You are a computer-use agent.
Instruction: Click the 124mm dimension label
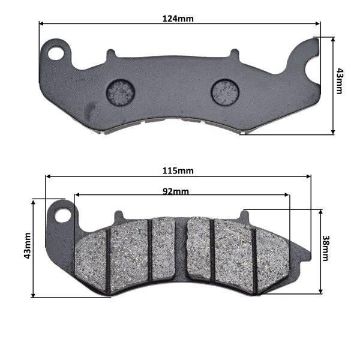pyautogui.click(x=178, y=19)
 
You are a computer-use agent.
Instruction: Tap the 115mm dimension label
pyautogui.click(x=178, y=171)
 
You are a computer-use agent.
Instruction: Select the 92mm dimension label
pyautogui.click(x=176, y=191)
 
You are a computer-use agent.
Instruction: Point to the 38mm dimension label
pyautogui.click(x=325, y=248)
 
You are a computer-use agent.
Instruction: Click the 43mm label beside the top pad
pyautogui.click(x=339, y=81)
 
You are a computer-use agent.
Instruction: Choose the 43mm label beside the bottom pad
pyautogui.click(x=28, y=245)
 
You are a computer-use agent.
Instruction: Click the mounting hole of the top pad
pyautogui.click(x=56, y=53)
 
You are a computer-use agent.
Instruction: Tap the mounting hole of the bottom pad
pyautogui.click(x=63, y=215)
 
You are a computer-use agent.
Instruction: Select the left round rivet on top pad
pyautogui.click(x=121, y=92)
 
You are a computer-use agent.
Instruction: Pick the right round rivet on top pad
pyautogui.click(x=225, y=92)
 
